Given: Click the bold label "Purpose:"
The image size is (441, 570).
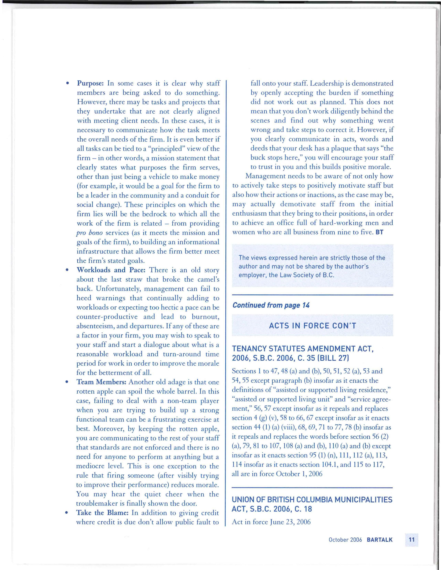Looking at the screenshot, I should [x=90, y=84].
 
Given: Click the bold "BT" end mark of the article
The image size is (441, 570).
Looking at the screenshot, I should [x=379, y=232].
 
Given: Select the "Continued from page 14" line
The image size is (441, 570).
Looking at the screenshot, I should [x=271, y=305].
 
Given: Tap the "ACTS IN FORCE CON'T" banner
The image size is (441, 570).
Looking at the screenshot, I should [x=312, y=326].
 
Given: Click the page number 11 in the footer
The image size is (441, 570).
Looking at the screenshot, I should [x=412, y=540].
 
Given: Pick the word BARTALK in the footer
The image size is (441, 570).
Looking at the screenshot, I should [x=379, y=540].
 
